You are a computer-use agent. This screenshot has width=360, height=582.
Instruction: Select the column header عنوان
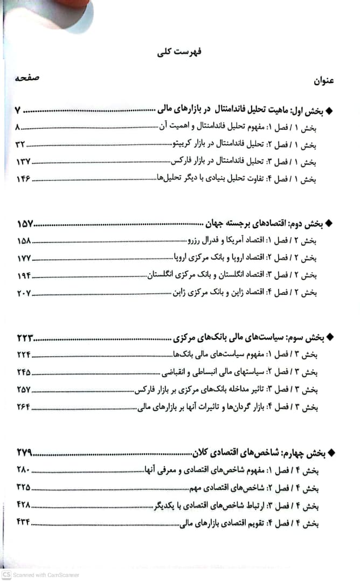point(324,81)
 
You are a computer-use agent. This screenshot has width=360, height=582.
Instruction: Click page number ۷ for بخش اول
point(17,111)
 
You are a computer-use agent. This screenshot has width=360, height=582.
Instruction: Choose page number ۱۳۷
point(22,162)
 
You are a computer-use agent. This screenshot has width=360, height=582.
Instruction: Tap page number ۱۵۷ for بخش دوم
point(25,224)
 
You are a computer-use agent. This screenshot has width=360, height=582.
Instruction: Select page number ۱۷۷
point(23,258)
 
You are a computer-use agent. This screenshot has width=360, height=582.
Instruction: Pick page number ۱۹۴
point(24,275)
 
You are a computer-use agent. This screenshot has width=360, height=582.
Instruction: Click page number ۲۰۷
point(24,293)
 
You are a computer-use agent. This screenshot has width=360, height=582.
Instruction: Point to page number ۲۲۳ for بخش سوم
point(25,338)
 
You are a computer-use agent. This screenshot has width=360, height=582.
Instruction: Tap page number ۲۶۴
point(24,407)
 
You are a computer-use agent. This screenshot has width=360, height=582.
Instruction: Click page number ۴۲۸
point(23,505)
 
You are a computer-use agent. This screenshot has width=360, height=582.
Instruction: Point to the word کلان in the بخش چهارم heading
point(203,453)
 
